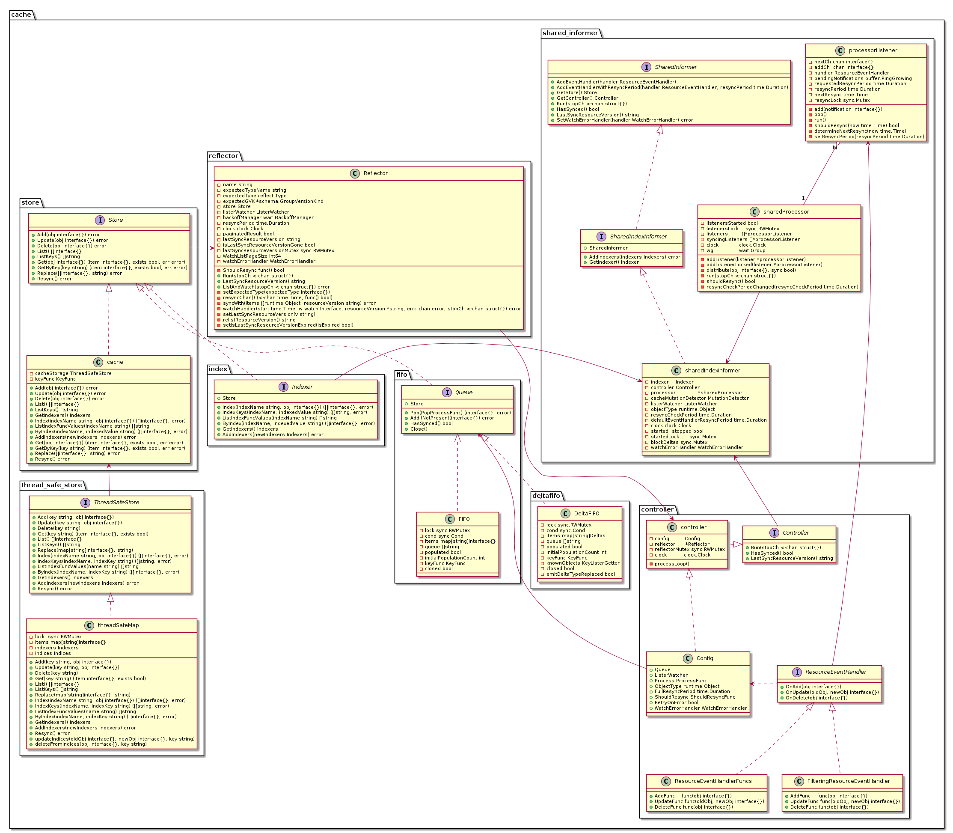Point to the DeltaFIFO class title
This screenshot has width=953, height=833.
coord(586,513)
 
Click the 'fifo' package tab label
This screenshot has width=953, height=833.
coord(401,375)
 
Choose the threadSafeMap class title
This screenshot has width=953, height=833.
coord(118,625)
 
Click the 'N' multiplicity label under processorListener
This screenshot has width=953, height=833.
coord(834,148)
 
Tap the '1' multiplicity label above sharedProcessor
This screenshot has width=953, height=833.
coord(803,199)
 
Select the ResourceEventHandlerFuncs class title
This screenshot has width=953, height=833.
coord(713,781)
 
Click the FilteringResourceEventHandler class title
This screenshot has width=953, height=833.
coord(849,781)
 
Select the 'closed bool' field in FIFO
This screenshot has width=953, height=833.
coord(438,568)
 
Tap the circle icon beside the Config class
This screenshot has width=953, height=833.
coord(688,658)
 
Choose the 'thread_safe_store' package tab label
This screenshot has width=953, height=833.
coord(52,485)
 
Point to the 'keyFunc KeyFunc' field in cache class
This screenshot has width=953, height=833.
coord(55,379)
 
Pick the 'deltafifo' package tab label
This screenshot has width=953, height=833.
coord(546,496)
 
